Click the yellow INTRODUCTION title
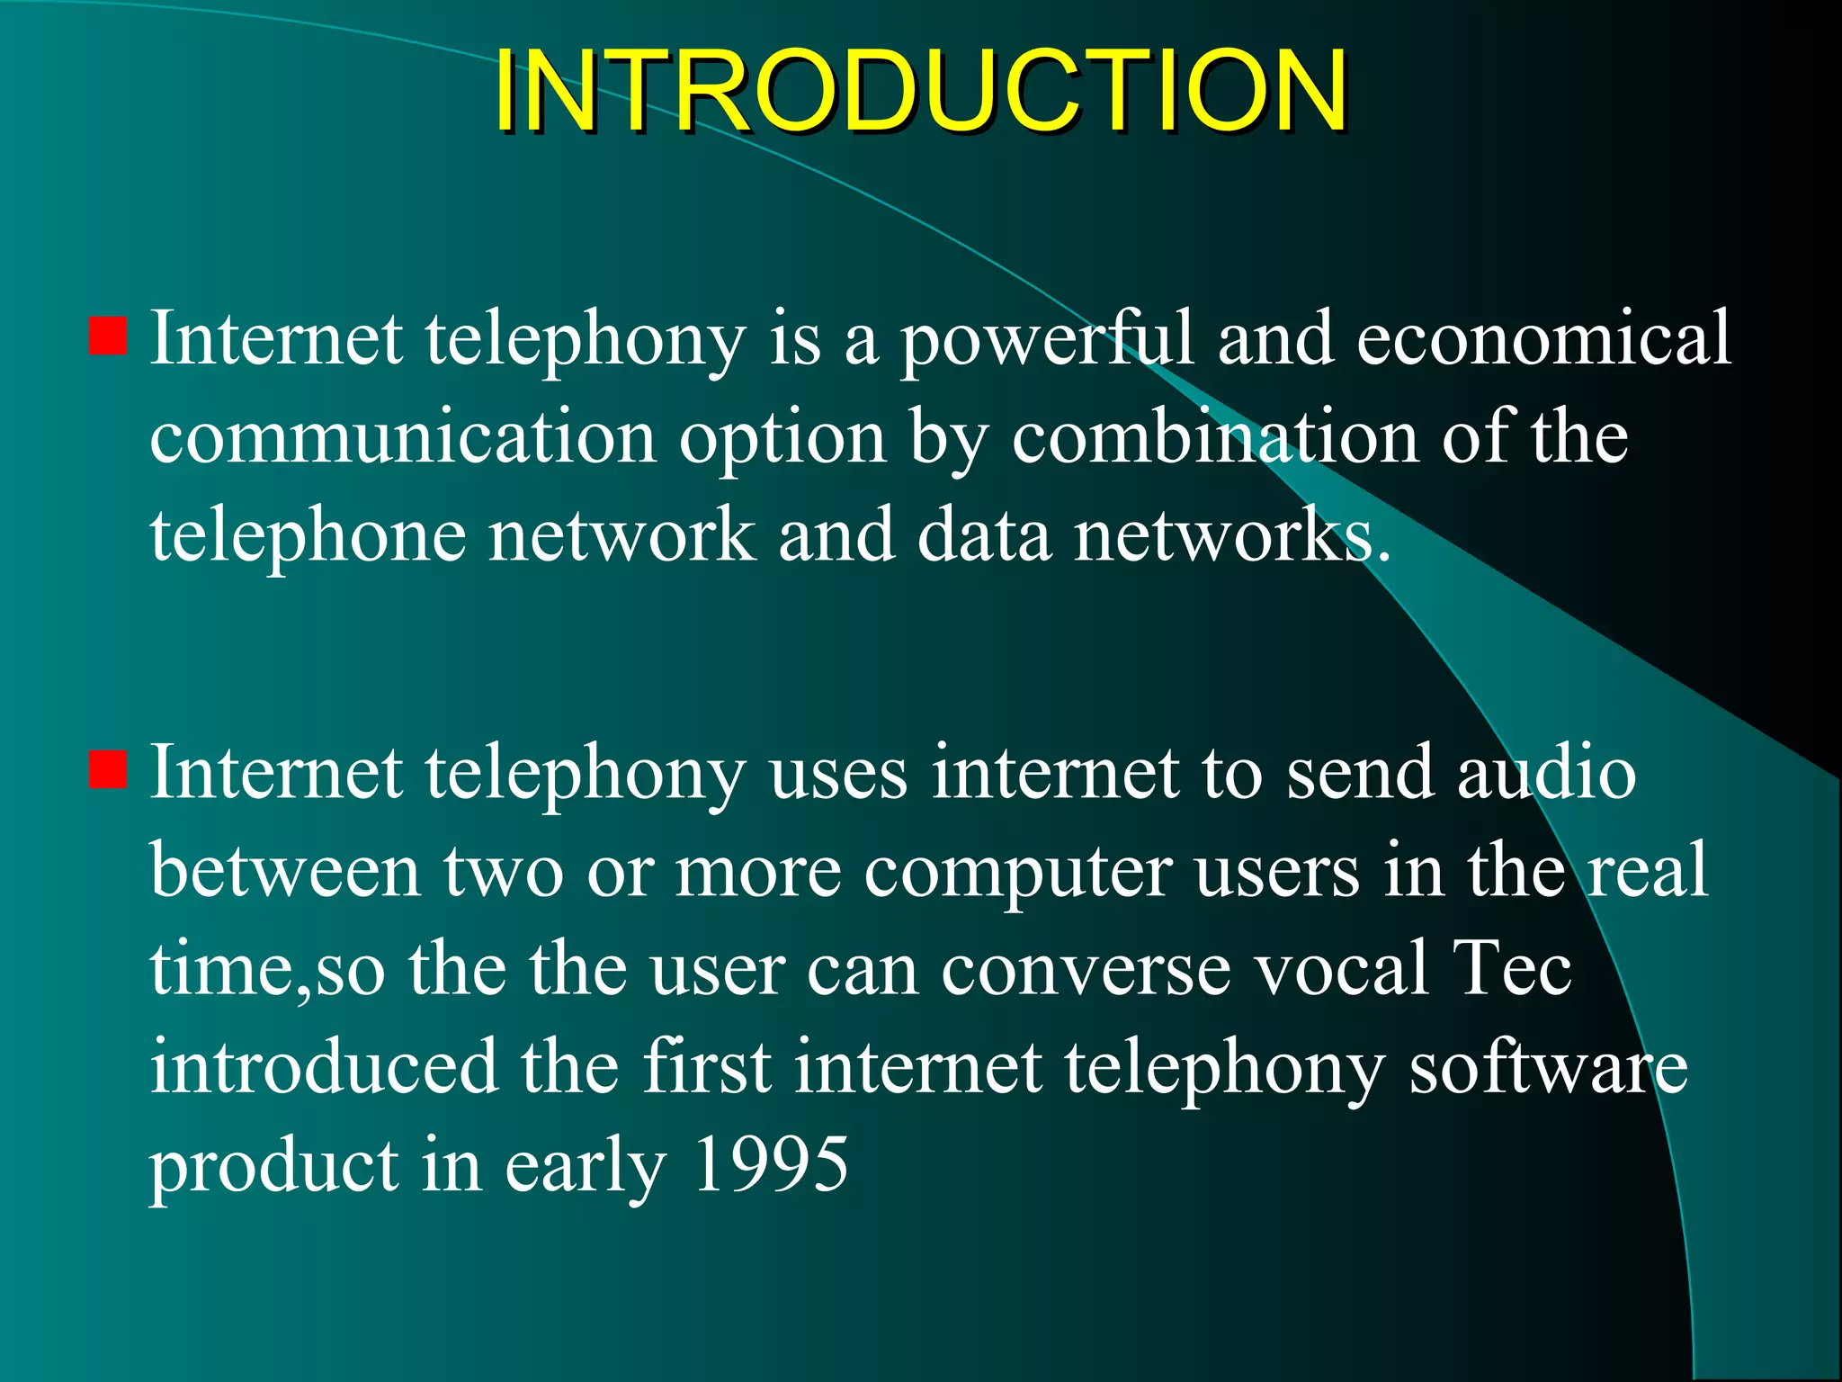pos(919,90)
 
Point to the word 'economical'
pos(1543,338)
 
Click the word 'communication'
pos(402,438)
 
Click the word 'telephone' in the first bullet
pos(308,538)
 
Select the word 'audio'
pos(1546,774)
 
